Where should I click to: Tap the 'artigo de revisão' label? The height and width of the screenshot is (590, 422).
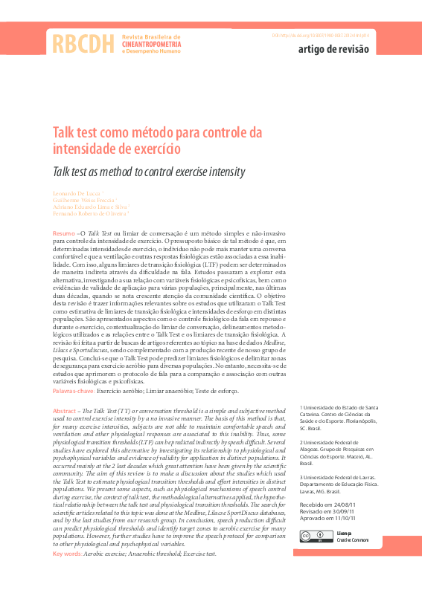(x=333, y=50)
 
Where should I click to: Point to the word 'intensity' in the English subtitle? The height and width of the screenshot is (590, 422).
(x=220, y=172)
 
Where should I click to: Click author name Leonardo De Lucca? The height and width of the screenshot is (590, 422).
(x=74, y=194)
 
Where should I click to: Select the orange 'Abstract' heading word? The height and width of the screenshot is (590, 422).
(x=66, y=411)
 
